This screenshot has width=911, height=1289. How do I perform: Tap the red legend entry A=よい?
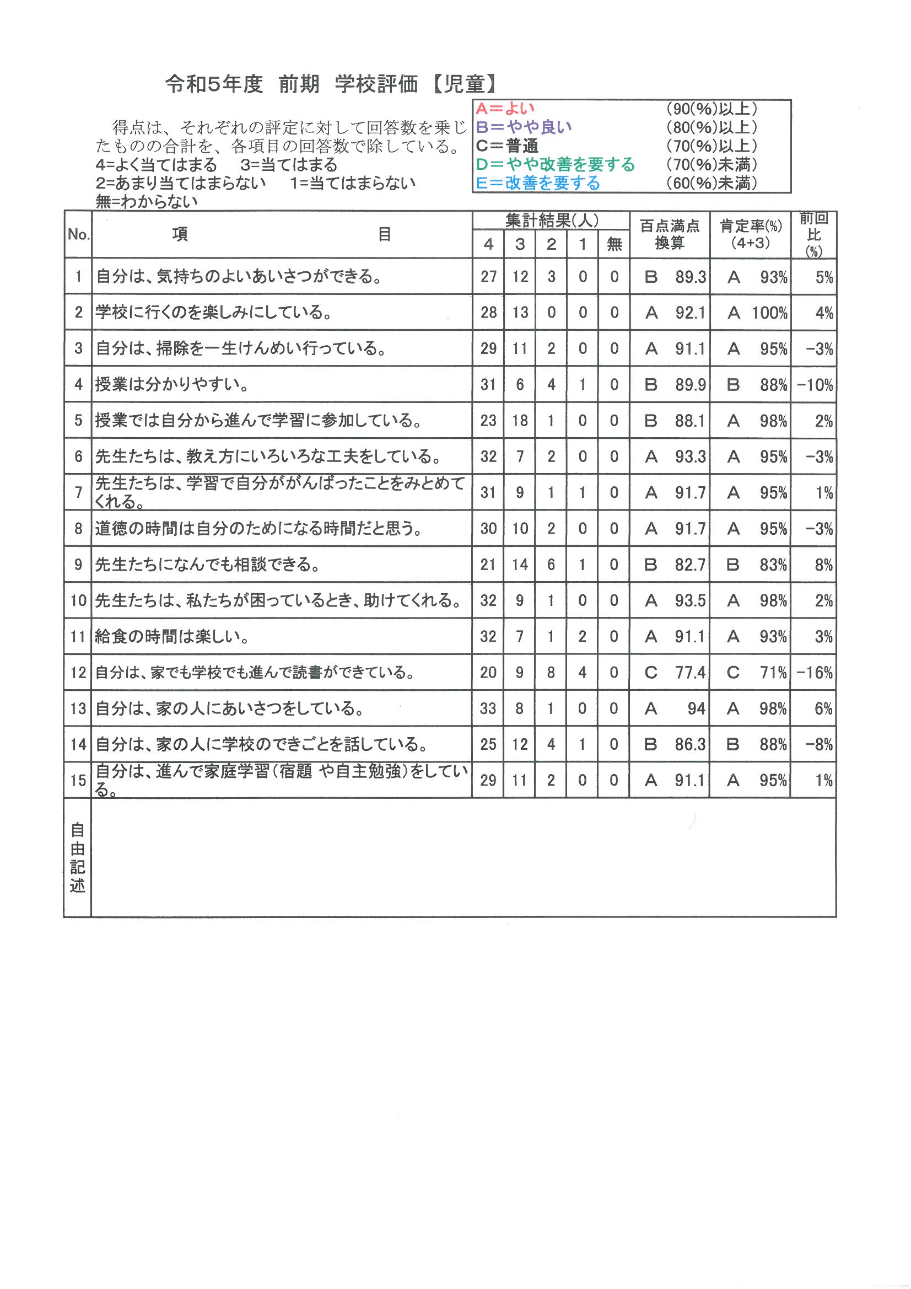[x=505, y=109]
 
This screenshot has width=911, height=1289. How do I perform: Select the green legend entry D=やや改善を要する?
[x=555, y=164]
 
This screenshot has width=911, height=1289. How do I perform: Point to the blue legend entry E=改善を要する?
[x=538, y=183]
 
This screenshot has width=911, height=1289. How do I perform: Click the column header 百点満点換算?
[x=670, y=235]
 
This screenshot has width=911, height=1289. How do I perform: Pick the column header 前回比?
[x=813, y=234]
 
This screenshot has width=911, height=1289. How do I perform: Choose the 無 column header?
[x=614, y=244]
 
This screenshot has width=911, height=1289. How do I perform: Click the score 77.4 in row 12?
[x=691, y=673]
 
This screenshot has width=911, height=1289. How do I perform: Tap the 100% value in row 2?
[x=769, y=313]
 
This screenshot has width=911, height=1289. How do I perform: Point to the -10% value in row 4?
[x=815, y=385]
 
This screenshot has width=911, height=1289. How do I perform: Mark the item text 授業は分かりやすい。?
[x=172, y=385]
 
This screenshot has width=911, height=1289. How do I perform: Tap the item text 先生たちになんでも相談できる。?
[x=208, y=565]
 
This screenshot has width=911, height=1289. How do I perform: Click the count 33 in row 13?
[x=488, y=708]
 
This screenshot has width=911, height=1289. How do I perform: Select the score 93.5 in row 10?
[x=691, y=601]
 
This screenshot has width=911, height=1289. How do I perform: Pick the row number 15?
[x=78, y=780]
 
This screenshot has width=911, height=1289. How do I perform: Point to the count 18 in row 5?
[x=520, y=421]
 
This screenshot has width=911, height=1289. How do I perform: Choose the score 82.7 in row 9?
[x=691, y=565]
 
